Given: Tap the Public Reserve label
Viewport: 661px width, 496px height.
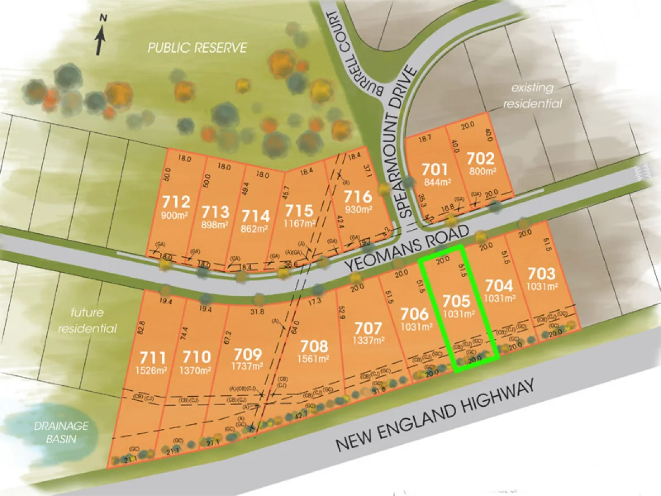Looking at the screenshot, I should coord(197,48).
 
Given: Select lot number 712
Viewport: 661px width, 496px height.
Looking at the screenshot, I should coord(177,201).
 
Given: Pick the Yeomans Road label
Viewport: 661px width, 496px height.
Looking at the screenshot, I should coord(408,247).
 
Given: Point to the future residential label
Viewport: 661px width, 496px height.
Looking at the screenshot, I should coord(93,321).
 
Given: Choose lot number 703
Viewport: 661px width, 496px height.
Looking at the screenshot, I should coord(543,273).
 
